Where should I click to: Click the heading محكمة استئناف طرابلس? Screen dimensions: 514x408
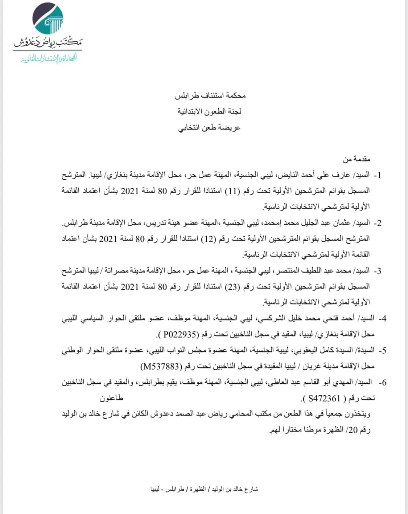(210, 95)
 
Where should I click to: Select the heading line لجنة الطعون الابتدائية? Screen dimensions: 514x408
(210, 111)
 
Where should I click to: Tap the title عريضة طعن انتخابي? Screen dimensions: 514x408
(210, 128)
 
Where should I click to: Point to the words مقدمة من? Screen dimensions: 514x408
(357, 159)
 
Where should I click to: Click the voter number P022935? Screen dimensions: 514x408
(180, 334)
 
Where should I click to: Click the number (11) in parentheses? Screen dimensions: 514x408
(232, 191)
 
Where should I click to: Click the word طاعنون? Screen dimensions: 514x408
(111, 398)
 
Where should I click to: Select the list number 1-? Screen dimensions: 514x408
(378, 175)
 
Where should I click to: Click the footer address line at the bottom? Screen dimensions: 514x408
(204, 489)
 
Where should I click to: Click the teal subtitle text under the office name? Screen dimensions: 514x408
(49, 58)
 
